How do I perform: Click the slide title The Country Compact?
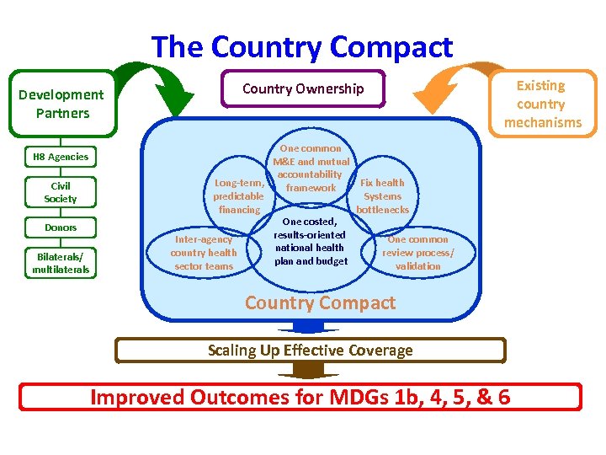[302, 47]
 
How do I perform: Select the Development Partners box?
[61, 104]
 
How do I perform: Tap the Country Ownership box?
[303, 88]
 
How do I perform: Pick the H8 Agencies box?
[61, 157]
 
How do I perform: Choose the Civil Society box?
[61, 192]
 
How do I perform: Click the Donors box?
[61, 227]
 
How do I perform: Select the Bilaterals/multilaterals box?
[61, 263]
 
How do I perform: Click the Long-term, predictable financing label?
[239, 195]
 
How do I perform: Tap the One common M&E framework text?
[311, 168]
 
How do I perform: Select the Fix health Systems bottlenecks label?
[382, 195]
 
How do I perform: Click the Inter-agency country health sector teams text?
[203, 253]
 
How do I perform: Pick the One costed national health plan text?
[310, 241]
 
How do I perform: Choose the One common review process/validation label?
[417, 253]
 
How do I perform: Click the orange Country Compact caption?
[320, 303]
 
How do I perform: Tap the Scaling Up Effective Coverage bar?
[310, 351]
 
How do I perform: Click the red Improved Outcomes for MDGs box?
[300, 397]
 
